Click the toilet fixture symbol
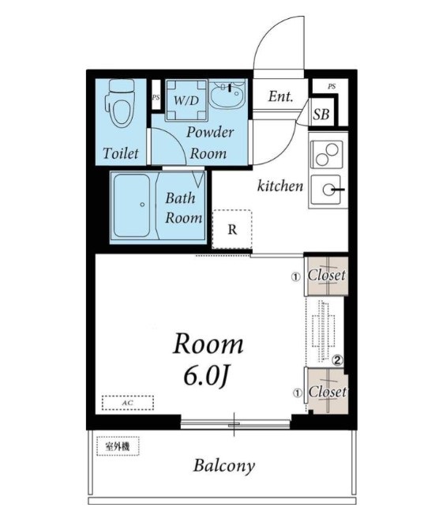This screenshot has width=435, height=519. tap(121, 103)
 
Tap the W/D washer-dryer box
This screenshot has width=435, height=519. tap(186, 100)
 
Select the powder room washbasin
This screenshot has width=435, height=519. tap(227, 93)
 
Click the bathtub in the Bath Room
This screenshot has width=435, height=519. tap(132, 205)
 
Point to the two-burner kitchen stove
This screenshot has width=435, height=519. tap(328, 155)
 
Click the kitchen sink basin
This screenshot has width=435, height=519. tap(327, 190)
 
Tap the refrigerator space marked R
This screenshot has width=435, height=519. tap(232, 229)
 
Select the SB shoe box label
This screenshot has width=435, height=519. tap(321, 115)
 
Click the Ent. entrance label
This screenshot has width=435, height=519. tap(280, 96)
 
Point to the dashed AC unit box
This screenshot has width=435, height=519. tap(128, 403)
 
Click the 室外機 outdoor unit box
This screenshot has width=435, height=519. tap(118, 446)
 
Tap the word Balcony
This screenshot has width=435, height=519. tap(224, 466)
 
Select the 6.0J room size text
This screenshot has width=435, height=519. tap(205, 377)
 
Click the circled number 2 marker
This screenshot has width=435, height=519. tap(337, 359)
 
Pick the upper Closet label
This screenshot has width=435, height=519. tap(327, 275)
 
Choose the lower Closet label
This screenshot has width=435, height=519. tap(327, 392)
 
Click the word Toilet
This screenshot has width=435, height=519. tap(121, 153)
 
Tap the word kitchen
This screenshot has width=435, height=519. tap(280, 186)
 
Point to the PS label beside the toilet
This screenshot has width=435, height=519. tap(156, 98)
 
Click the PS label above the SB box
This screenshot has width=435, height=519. tap(332, 86)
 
